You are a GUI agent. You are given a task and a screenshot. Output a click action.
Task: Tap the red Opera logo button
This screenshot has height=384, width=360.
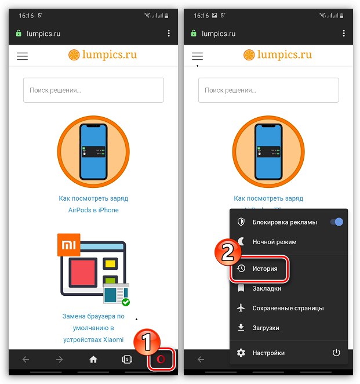161,359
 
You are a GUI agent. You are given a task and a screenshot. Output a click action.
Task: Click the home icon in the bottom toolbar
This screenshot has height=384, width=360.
93,360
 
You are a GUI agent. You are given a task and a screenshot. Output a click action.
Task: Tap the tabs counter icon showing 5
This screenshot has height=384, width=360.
127,360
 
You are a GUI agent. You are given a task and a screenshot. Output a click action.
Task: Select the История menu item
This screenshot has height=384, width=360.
265,269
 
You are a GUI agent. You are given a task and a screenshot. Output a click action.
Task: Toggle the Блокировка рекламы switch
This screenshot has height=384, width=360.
336,222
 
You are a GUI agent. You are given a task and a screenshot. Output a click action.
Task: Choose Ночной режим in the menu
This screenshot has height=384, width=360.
274,242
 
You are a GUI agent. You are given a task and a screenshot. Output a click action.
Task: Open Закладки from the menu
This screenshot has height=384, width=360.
267,288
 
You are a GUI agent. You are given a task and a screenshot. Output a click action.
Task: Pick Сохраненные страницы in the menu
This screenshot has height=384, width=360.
288,308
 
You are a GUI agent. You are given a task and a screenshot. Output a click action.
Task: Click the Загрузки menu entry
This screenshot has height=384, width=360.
266,328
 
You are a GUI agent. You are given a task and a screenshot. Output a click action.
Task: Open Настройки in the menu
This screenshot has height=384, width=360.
268,353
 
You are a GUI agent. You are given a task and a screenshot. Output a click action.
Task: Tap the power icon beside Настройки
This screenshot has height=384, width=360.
336,353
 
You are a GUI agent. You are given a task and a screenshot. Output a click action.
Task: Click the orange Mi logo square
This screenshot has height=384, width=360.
69,245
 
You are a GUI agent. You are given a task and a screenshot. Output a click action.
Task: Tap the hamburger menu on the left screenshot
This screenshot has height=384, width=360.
22,56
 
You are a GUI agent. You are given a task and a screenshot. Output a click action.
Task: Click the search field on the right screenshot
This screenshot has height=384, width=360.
268,90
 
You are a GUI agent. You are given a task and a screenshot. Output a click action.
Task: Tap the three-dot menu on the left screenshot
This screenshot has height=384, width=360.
169,33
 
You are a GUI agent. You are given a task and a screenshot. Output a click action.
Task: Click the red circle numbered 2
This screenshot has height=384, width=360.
228,252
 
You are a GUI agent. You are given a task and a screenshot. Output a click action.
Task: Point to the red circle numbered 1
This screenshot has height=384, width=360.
147,342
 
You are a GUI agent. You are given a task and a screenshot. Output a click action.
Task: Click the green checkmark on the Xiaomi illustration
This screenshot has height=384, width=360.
126,302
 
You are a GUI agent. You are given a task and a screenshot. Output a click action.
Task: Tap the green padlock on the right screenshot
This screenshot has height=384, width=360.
194,33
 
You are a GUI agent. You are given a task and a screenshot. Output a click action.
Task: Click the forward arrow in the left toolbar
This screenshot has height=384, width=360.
60,360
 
